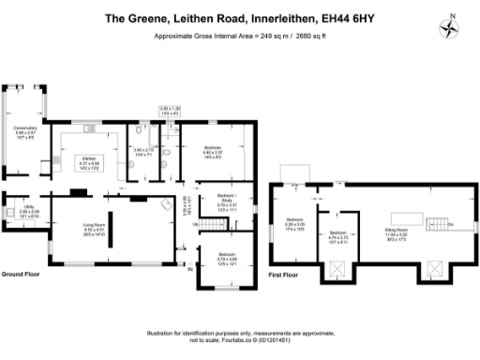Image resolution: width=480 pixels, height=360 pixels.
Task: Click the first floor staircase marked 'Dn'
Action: [439, 225]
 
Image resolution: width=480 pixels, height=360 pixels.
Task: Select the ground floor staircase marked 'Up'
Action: [197, 223]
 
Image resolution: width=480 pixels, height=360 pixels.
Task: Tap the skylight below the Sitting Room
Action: [433, 267]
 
